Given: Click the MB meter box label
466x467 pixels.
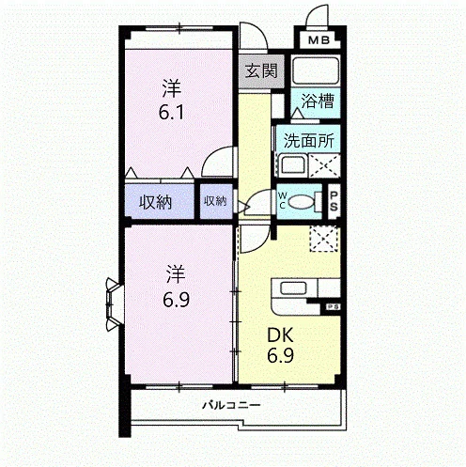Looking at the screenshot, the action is pyautogui.click(x=318, y=40).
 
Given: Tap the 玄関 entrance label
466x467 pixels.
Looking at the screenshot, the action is pyautogui.click(x=261, y=70).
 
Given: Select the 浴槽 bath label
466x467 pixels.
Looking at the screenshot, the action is pyautogui.click(x=318, y=101).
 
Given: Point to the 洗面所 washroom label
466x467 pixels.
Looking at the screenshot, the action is pyautogui.click(x=309, y=141).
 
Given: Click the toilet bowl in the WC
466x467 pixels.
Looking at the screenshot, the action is pyautogui.click(x=301, y=202).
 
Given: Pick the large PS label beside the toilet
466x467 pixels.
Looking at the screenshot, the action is pyautogui.click(x=334, y=201).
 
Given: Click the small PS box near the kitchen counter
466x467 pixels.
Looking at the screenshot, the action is pyautogui.click(x=332, y=307).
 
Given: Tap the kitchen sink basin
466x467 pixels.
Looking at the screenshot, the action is pyautogui.click(x=293, y=288).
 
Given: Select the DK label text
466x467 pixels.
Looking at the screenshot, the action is pyautogui.click(x=280, y=335).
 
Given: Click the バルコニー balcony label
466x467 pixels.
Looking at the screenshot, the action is pyautogui.click(x=231, y=405).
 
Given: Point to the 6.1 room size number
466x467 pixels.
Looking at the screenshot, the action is pyautogui.click(x=171, y=113).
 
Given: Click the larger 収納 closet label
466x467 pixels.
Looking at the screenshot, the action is pyautogui.click(x=155, y=202).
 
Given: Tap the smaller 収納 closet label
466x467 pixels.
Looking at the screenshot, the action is pyautogui.click(x=215, y=201).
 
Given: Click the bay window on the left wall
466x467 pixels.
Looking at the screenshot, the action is pyautogui.click(x=114, y=304).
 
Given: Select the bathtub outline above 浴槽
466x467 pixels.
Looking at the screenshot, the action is pyautogui.click(x=316, y=70).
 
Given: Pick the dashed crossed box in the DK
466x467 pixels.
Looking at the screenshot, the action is pyautogui.click(x=324, y=239).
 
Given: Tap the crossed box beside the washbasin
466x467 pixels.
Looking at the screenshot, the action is pyautogui.click(x=324, y=165).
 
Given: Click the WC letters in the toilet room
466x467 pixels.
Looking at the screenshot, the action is pyautogui.click(x=282, y=200).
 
